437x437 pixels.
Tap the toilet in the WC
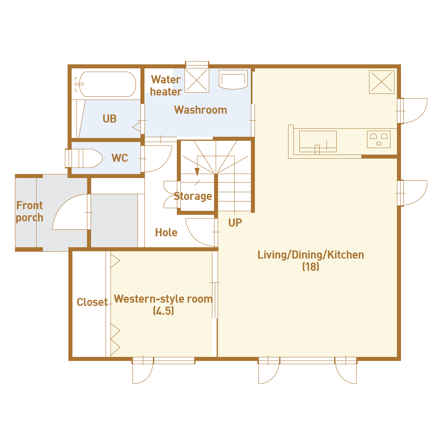84,158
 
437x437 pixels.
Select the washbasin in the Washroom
233,79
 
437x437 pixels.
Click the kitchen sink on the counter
318,141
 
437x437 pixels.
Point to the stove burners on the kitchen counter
378,139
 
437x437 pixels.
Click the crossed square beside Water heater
197,80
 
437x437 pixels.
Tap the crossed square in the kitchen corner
382,82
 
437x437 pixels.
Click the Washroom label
200,110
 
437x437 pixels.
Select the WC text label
119,158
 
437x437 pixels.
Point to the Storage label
193,196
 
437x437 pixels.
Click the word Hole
166,232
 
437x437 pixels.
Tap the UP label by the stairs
235,223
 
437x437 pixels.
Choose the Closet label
92,302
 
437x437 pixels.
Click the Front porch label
30,212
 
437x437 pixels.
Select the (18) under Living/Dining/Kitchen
311,267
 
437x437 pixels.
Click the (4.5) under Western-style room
163,310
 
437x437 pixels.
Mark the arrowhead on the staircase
197,172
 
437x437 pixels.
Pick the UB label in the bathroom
110,119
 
